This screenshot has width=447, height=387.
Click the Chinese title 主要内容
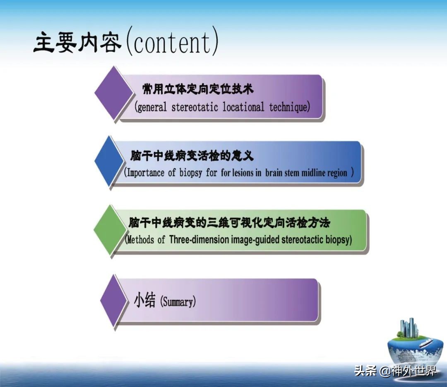(x=77, y=43)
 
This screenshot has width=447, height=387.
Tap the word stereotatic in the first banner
(x=195, y=107)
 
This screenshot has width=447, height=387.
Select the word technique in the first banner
(x=288, y=107)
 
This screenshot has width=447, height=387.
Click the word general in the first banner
(x=152, y=107)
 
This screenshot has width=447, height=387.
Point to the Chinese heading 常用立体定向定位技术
(x=198, y=89)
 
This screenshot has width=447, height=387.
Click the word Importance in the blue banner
(x=145, y=172)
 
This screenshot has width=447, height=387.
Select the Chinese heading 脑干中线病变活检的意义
(x=192, y=156)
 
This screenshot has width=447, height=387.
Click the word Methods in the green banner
(x=140, y=239)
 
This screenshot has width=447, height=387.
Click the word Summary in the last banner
(x=178, y=302)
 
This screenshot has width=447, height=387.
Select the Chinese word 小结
(x=145, y=301)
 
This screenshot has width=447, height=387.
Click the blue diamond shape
(x=110, y=161)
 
